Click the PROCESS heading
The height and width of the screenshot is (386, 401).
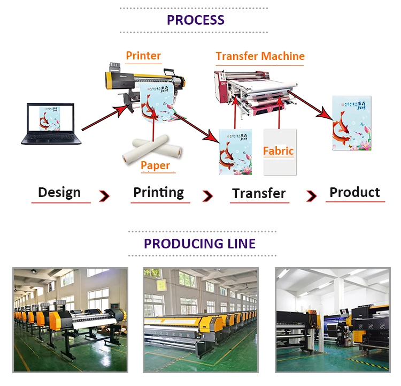pyautogui.click(x=195, y=20)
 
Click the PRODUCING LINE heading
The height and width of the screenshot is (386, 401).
pyautogui.click(x=199, y=244)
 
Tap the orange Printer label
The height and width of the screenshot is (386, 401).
pyautogui.click(x=143, y=56)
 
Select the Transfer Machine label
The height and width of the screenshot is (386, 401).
pyautogui.click(x=260, y=56)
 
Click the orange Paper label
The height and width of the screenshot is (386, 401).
pyautogui.click(x=155, y=165)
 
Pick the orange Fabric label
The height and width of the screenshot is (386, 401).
pyautogui.click(x=278, y=151)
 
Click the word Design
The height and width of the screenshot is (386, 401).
pyautogui.click(x=59, y=193)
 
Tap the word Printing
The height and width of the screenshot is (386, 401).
pyautogui.click(x=158, y=193)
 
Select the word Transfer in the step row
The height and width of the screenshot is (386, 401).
pyautogui.click(x=259, y=194)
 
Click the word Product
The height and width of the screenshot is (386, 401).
pyautogui.click(x=354, y=193)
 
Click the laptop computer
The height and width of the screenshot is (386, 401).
pyautogui.click(x=51, y=124)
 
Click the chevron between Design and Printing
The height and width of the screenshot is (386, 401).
pyautogui.click(x=104, y=196)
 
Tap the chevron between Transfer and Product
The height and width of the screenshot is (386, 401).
pyautogui.click(x=311, y=196)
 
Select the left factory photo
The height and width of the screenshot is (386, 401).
pyautogui.click(x=71, y=320)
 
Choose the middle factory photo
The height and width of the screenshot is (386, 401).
pyautogui.click(x=200, y=320)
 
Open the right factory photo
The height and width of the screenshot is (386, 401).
pyautogui.click(x=332, y=320)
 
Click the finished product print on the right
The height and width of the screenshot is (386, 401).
pyautogui.click(x=351, y=123)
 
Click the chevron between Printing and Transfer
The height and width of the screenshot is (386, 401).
pyautogui.click(x=207, y=196)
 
